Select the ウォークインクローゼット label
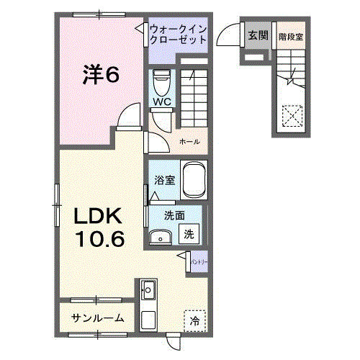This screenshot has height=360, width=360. pos(179,34)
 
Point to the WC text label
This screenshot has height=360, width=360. pos(161,102)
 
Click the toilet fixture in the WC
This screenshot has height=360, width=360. pos(162,80)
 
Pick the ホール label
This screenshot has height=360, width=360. pos(189,140)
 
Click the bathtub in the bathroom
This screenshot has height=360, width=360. pos(194,179)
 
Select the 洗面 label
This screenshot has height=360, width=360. pos(174,214)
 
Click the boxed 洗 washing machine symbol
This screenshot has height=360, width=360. pos(188,233)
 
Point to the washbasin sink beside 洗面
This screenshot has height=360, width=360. pos(161,236)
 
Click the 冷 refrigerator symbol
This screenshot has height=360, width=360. pos(194,321)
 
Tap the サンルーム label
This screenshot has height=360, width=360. pos(98,318)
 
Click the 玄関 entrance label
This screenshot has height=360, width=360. pos(258,35)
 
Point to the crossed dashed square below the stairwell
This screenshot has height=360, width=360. pos(292,115)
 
